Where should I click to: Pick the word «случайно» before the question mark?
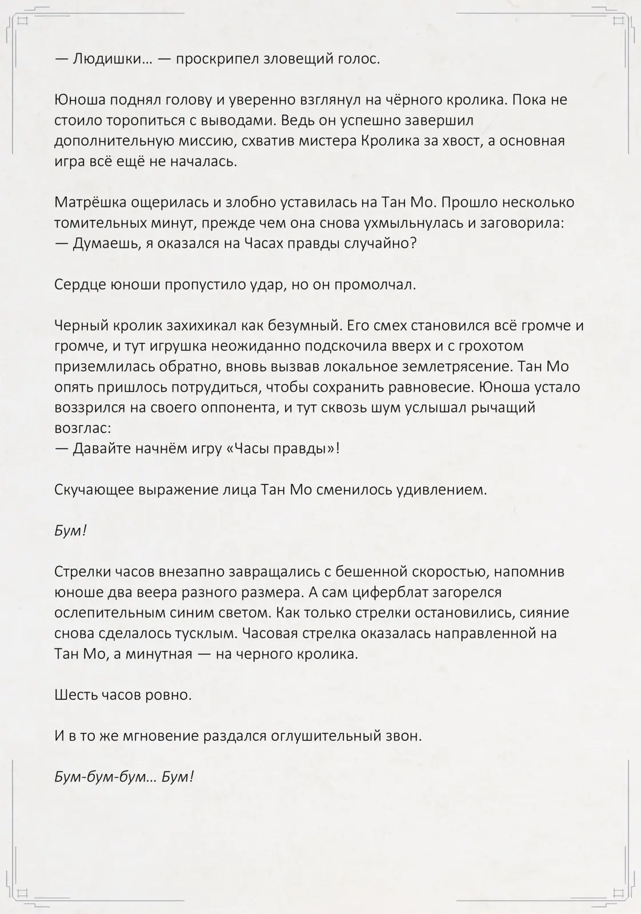[x=376, y=244]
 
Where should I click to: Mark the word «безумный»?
[x=296, y=326]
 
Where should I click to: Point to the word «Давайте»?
[x=101, y=448]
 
